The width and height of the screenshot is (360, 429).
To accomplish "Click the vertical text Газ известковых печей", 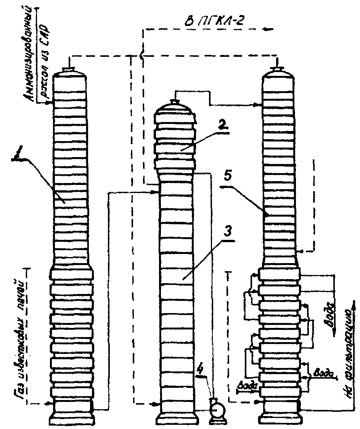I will (21, 336).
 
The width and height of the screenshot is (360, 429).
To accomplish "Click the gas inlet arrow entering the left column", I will (48, 403).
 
